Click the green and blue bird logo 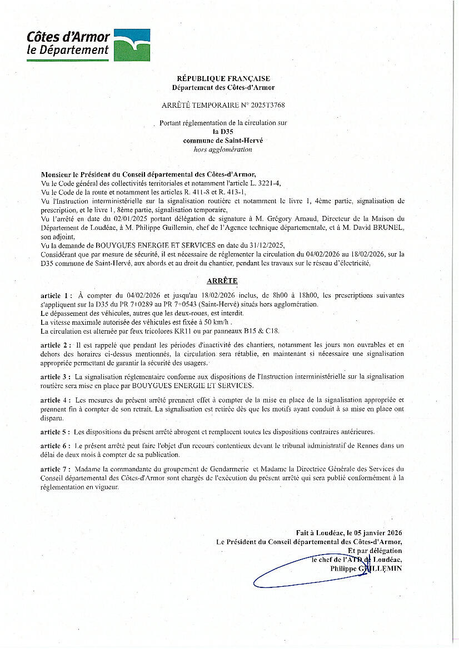(132, 45)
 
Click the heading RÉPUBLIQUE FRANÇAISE (223, 79)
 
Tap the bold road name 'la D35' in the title (223, 132)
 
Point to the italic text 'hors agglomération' (223, 149)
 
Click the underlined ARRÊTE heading (223, 281)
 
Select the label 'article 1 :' (56, 295)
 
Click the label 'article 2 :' (56, 345)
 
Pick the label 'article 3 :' (56, 376)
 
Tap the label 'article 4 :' (56, 400)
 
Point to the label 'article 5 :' (56, 431)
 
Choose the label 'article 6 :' (56, 446)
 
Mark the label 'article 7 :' (56, 469)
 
